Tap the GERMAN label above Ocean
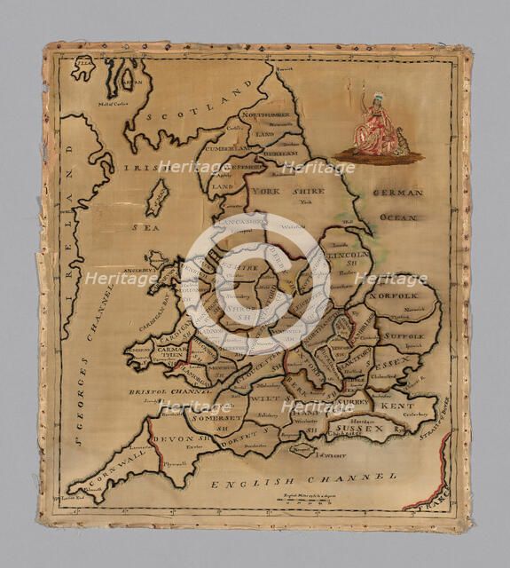[x=397, y=193]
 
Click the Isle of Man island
[x=157, y=197]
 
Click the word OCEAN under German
[x=397, y=217]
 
